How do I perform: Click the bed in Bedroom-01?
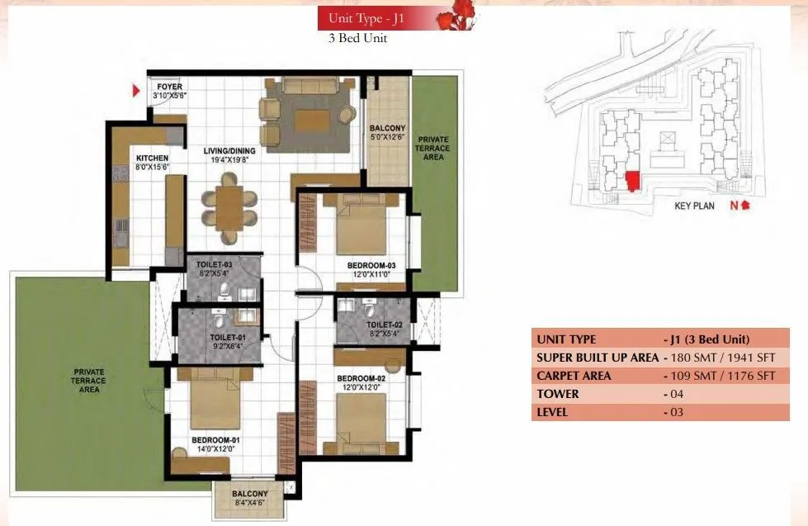215,401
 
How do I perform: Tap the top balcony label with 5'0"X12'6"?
387,133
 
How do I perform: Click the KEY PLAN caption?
694,206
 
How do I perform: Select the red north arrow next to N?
745,206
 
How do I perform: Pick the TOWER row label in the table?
558,394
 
